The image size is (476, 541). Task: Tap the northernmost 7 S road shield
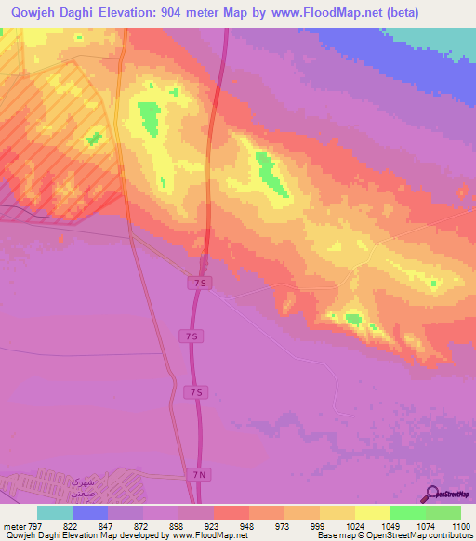[x=197, y=281]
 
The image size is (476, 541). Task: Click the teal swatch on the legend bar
[x=55, y=512]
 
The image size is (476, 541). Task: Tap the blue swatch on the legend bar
[x=90, y=512]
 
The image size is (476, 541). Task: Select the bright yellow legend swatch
[x=373, y=512]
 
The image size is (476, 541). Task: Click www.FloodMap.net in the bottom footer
[x=211, y=535]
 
